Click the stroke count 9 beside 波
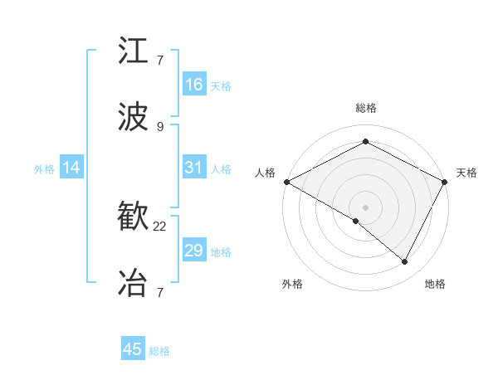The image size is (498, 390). (159, 126)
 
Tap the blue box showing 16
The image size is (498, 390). (194, 85)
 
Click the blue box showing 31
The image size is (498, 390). (194, 168)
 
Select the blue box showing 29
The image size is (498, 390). (194, 251)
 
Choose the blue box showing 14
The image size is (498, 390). (71, 168)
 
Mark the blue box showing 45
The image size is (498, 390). (133, 349)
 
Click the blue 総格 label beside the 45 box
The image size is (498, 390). (159, 351)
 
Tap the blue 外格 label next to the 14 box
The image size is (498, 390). (44, 168)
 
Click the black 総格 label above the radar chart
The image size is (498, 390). (366, 108)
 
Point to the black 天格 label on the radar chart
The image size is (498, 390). (467, 173)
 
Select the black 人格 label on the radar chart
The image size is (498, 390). (266, 173)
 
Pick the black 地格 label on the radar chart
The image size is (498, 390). (435, 284)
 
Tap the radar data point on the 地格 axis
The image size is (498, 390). (405, 261)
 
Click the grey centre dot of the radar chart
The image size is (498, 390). (366, 207)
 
